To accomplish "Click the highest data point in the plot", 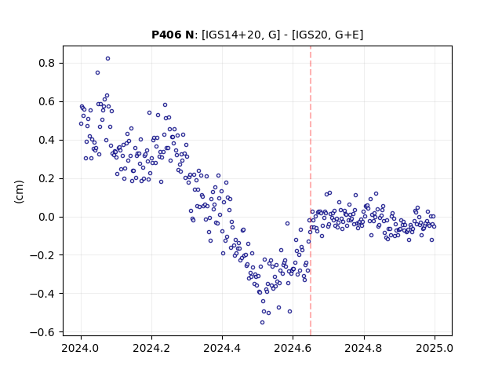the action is [108, 59].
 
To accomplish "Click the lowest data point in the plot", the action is [262, 323].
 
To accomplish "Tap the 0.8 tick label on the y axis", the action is [47, 63].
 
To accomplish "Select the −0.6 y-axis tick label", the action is [42, 332].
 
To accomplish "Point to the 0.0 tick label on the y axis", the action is [47, 217].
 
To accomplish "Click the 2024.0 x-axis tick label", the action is [81, 348].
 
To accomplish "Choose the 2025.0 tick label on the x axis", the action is [435, 348].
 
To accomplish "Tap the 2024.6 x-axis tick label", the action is [293, 348].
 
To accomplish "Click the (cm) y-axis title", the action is [19, 192].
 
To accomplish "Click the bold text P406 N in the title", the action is [173, 35].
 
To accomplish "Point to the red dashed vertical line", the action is [311, 191].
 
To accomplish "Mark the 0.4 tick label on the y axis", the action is [47, 140].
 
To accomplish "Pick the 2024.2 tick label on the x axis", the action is [151, 348].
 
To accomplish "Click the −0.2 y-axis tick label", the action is [42, 255].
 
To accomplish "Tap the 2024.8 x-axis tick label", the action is [364, 348].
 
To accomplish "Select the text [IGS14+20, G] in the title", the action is [241, 35].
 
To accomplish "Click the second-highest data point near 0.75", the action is [97, 73].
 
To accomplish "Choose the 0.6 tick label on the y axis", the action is [47, 101].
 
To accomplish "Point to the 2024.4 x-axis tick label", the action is [222, 348].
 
